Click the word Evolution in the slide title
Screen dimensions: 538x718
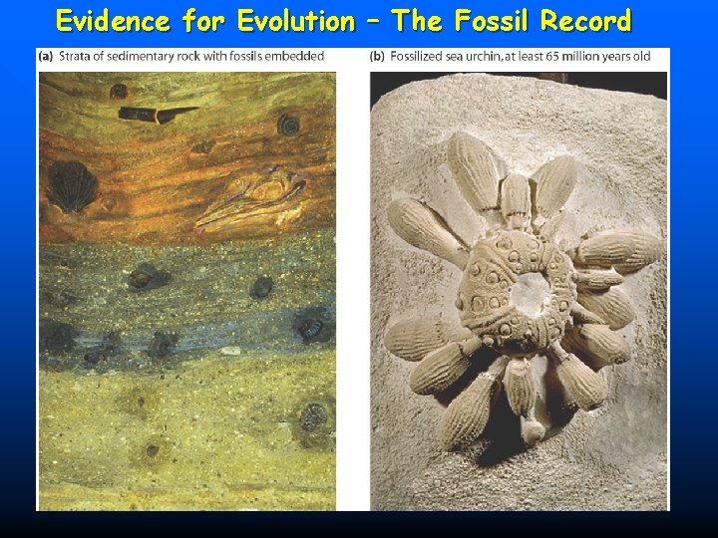pyautogui.click(x=295, y=21)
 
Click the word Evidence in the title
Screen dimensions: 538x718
pyautogui.click(x=112, y=21)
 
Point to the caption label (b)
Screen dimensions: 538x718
pyautogui.click(x=377, y=56)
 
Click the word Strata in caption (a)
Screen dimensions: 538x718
pyautogui.click(x=77, y=56)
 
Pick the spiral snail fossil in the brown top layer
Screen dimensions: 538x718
pyautogui.click(x=288, y=124)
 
